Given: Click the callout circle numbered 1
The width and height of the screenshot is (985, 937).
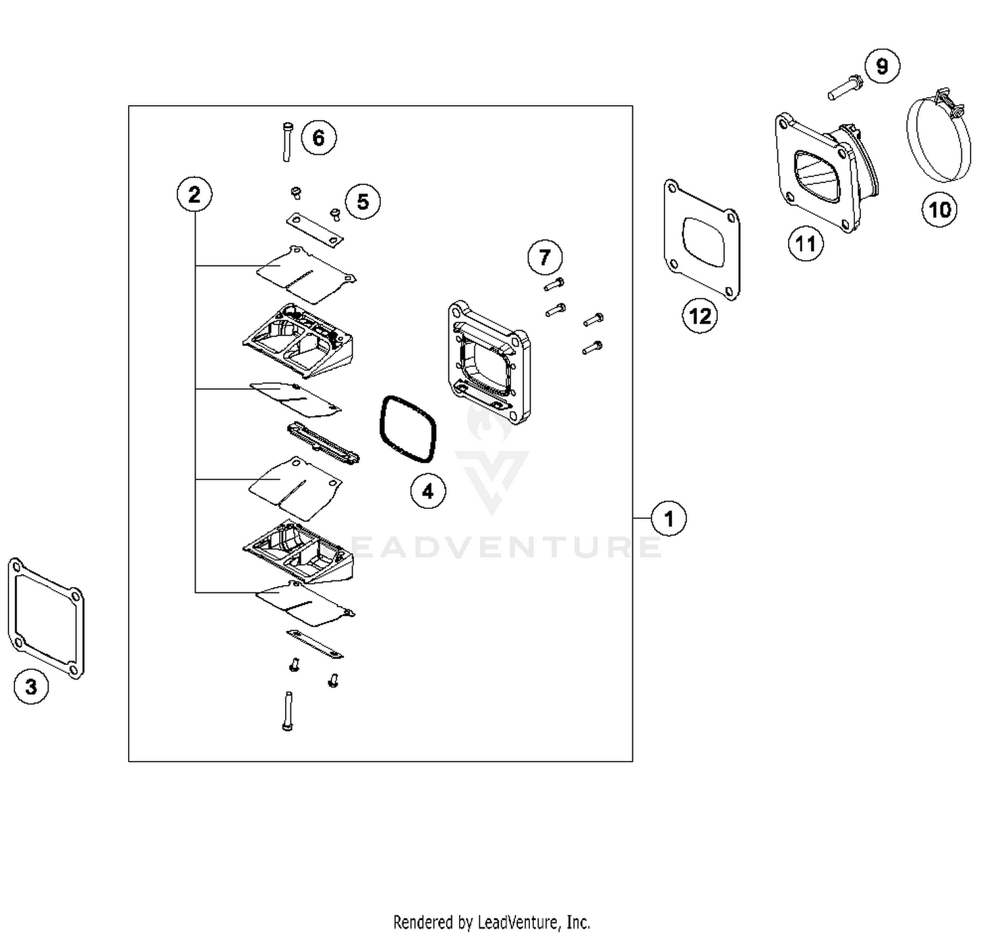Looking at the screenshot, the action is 668,518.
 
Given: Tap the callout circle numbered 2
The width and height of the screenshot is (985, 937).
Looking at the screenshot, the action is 194,194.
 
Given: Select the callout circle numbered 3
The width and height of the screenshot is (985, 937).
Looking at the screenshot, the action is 31,686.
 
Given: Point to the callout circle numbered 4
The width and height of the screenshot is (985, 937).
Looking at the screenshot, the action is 428,492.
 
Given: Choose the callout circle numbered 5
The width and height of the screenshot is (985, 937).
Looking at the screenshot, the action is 362,202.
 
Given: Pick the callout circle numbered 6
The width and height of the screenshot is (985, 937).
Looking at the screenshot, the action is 318,137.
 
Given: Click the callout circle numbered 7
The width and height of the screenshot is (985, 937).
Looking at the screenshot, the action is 545,257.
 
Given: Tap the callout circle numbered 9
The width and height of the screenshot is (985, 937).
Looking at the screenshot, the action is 883,66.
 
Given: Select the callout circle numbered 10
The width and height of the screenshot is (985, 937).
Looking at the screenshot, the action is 940,209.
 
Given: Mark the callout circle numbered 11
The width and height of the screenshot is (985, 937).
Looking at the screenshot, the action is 806,244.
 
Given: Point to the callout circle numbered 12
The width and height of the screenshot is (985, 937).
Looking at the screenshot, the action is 700,316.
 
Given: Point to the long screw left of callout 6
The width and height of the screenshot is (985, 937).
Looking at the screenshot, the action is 287,142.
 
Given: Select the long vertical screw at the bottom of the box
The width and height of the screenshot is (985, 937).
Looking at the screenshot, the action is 288,711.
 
